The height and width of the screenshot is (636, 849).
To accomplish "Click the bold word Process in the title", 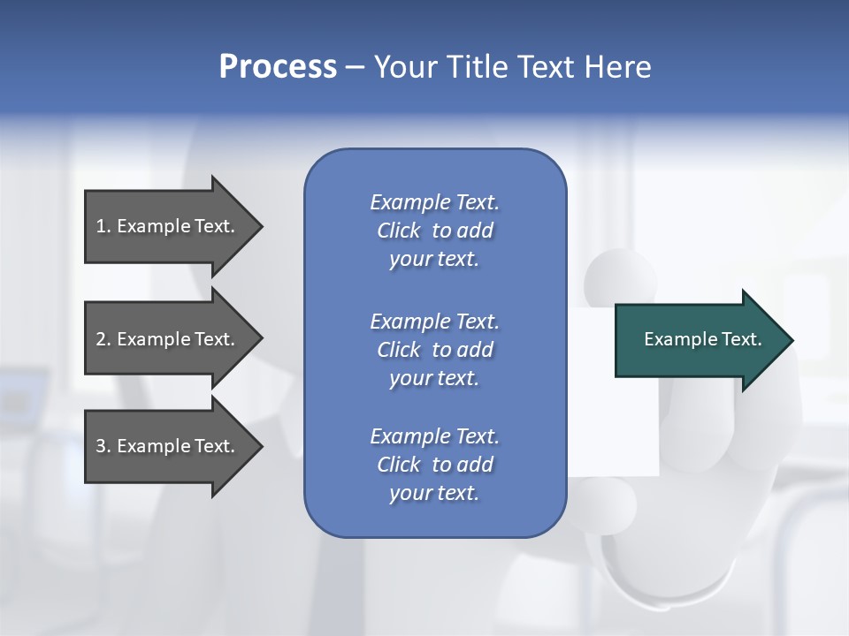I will (278, 66).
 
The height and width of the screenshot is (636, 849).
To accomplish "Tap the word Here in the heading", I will (617, 66).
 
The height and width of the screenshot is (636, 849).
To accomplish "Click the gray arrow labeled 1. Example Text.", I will (168, 226).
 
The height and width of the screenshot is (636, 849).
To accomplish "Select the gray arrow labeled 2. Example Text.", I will (168, 339).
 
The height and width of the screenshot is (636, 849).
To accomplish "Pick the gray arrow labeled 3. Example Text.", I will (168, 446).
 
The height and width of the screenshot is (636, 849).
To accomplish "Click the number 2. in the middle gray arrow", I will (103, 339).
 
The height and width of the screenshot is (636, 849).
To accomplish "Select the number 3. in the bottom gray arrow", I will (103, 446).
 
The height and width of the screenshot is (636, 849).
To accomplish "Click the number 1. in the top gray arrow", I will (103, 226).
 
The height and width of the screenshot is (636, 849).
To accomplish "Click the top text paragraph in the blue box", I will (434, 231).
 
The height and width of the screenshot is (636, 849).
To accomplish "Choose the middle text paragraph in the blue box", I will (434, 350).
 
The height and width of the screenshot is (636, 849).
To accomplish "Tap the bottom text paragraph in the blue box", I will (434, 465).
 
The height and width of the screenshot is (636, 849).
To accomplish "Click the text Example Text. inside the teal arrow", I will (703, 339).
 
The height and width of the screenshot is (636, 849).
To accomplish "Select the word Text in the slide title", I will (547, 66).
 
